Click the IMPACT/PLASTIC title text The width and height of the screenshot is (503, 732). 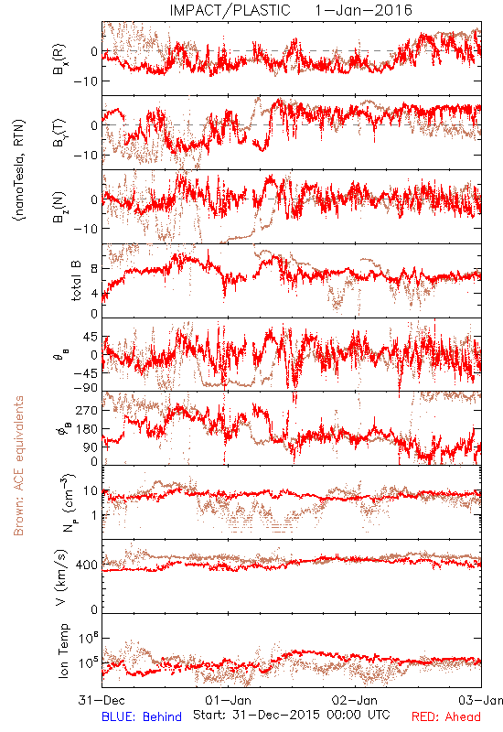click(x=230, y=10)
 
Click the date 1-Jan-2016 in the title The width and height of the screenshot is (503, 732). click(x=363, y=10)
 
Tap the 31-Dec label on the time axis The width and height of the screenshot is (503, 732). click(x=102, y=700)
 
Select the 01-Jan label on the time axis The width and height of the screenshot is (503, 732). click(x=228, y=700)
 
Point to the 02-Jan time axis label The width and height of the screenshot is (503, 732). click(x=355, y=700)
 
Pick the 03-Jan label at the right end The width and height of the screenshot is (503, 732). click(x=481, y=700)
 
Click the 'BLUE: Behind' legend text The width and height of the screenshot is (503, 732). click(x=142, y=716)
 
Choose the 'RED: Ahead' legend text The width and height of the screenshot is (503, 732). click(x=445, y=716)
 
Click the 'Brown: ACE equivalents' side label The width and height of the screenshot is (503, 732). click(x=18, y=466)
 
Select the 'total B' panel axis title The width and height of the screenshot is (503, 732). click(x=76, y=280)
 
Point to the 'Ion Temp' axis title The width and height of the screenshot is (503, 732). click(x=63, y=651)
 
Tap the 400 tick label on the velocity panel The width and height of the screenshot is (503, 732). click(x=87, y=565)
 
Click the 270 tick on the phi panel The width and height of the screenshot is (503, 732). click(x=87, y=410)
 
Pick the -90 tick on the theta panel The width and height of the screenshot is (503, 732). click(x=86, y=388)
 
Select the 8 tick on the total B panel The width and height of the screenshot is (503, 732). click(x=94, y=269)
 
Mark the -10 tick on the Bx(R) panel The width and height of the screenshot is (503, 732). click(x=86, y=81)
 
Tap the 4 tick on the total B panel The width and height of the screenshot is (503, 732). click(x=94, y=293)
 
